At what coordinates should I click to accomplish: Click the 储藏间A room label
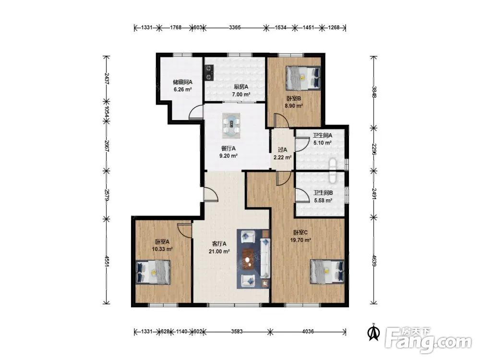click(x=182, y=82)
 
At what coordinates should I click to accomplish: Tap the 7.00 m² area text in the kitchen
click(x=241, y=94)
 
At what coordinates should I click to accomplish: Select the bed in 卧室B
click(x=303, y=78)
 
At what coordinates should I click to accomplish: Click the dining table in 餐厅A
click(x=231, y=124)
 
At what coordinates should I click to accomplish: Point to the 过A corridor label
click(x=282, y=150)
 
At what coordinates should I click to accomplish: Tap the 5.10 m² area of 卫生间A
click(x=323, y=143)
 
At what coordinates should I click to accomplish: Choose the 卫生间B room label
click(x=323, y=193)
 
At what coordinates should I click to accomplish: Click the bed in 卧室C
click(x=327, y=272)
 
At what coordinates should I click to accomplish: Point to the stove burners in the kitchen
click(x=209, y=72)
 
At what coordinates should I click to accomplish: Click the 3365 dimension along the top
click(x=235, y=27)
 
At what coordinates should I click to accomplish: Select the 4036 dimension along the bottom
click(x=308, y=331)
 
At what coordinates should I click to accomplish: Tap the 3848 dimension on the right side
click(x=374, y=91)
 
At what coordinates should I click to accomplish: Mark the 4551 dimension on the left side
click(x=107, y=262)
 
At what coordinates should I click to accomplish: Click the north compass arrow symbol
click(x=373, y=332)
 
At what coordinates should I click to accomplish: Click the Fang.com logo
click(x=428, y=340)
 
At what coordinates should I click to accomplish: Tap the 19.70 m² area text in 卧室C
click(x=300, y=240)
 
